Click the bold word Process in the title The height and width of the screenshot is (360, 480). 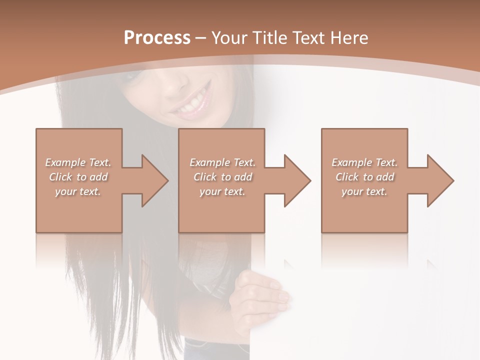click(157, 38)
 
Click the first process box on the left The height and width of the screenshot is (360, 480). click(79, 210)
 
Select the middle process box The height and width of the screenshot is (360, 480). click(221, 210)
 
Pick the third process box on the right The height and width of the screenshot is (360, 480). click(364, 210)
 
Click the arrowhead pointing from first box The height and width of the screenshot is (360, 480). click(152, 180)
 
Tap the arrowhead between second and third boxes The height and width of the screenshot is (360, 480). click(295, 180)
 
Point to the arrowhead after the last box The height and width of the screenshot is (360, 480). click(438, 180)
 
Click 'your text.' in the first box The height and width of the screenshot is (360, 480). click(78, 191)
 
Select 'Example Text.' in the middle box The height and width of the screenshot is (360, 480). click(222, 162)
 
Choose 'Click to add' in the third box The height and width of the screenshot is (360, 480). click(365, 177)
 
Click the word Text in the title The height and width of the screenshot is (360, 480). click(308, 38)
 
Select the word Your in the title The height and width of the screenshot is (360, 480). click(227, 38)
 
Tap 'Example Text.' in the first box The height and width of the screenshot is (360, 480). click(78, 162)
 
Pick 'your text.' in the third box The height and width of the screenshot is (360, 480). click(364, 191)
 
